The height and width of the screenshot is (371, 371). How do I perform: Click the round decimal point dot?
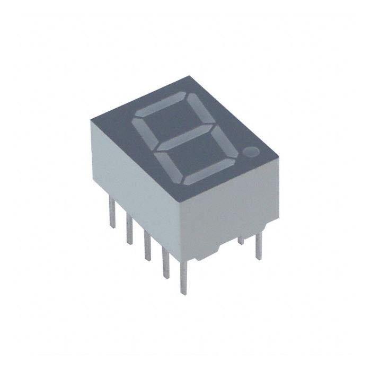[251, 153]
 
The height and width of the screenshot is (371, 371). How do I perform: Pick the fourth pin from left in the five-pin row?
[165, 262]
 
